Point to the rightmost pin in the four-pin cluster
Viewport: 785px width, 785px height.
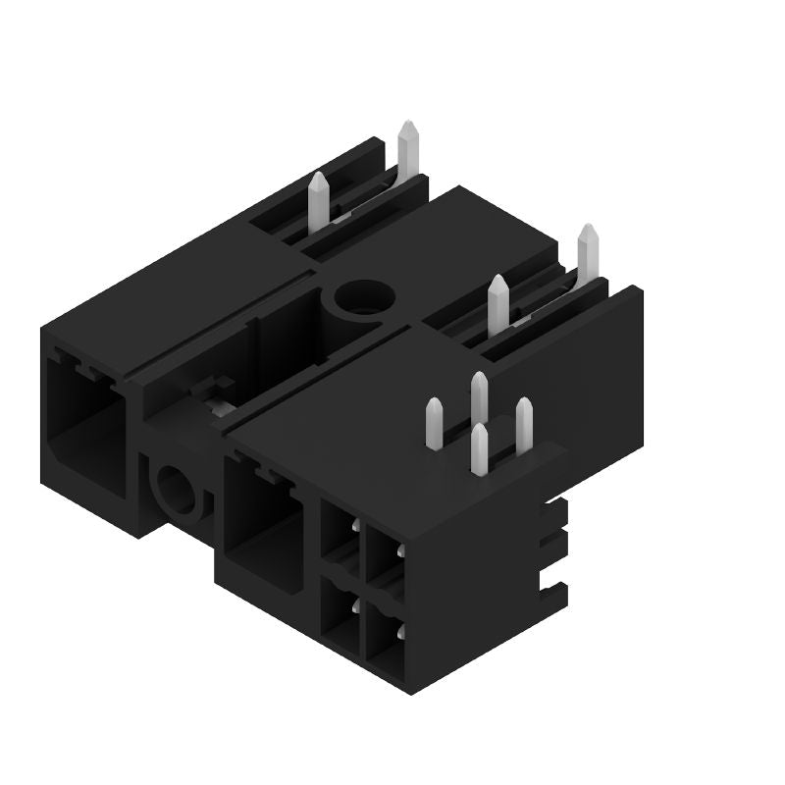point(524,423)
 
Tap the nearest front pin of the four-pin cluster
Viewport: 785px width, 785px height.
point(479,449)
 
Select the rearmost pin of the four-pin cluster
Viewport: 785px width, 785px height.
point(479,397)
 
